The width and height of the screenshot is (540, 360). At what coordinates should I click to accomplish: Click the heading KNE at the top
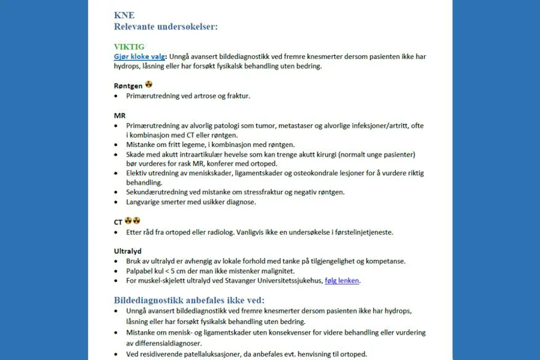[x=124, y=16]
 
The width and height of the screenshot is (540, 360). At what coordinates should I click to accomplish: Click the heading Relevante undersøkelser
[x=166, y=26]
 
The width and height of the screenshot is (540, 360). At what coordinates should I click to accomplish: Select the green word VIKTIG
[x=129, y=47]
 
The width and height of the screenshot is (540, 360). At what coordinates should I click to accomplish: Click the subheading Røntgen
[x=128, y=86]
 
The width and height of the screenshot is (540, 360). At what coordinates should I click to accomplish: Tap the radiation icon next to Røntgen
[x=149, y=85]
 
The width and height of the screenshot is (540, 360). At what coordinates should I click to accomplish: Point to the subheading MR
[x=119, y=115]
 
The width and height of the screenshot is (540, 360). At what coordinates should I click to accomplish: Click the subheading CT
[x=118, y=221]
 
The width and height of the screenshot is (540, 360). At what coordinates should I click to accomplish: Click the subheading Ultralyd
[x=128, y=251]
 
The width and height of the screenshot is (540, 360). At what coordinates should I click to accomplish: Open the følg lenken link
[x=341, y=280]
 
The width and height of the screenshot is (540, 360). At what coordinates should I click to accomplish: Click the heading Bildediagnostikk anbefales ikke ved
[x=189, y=300]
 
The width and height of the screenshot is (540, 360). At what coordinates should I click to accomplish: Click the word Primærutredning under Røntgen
[x=151, y=95]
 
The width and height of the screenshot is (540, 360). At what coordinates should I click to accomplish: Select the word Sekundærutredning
[x=154, y=192]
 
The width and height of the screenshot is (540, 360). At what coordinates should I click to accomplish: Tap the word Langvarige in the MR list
[x=144, y=202]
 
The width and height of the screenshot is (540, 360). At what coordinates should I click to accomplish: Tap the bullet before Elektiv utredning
[x=116, y=173]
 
